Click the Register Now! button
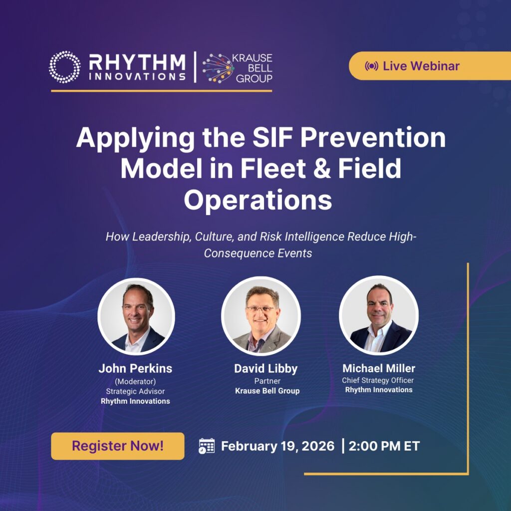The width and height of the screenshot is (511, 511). (117, 446)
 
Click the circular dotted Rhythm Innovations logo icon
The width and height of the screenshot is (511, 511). (64, 66)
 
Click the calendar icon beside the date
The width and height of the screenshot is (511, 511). (207, 446)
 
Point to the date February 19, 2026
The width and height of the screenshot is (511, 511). (277, 446)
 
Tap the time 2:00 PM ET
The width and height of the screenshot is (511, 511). (384, 446)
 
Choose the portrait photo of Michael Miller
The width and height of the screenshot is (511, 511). (379, 315)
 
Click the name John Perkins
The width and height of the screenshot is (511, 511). (135, 368)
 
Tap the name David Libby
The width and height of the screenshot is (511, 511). (265, 369)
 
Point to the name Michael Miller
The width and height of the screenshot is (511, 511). (379, 368)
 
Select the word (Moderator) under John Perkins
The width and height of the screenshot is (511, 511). (135, 381)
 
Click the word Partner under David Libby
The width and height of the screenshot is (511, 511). (267, 381)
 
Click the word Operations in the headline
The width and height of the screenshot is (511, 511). (257, 200)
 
